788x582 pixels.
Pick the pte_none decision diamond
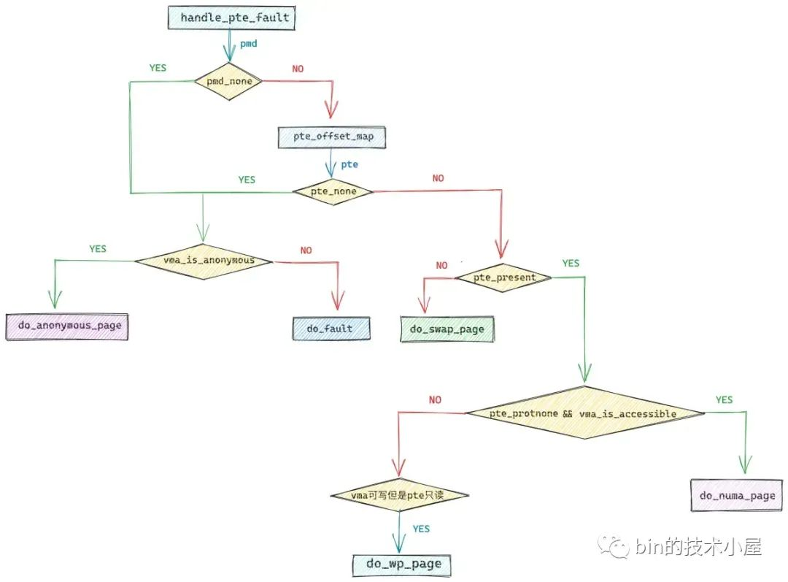click(333, 191)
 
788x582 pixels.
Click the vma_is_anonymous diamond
click(203, 261)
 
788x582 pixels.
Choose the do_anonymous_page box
click(67, 326)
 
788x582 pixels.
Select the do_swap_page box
click(446, 329)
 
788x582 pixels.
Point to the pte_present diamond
click(503, 277)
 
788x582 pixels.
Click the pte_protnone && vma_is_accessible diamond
click(584, 413)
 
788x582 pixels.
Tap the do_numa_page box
click(738, 496)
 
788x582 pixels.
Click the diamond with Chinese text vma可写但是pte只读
click(398, 496)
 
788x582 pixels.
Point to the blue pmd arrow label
click(249, 44)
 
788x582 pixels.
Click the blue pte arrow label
click(349, 164)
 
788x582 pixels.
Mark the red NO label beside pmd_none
click(298, 69)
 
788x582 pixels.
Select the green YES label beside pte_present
click(571, 263)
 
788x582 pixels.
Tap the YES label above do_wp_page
click(421, 529)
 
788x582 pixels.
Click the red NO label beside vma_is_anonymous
click(306, 250)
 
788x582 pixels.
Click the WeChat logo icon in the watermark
click(613, 545)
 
